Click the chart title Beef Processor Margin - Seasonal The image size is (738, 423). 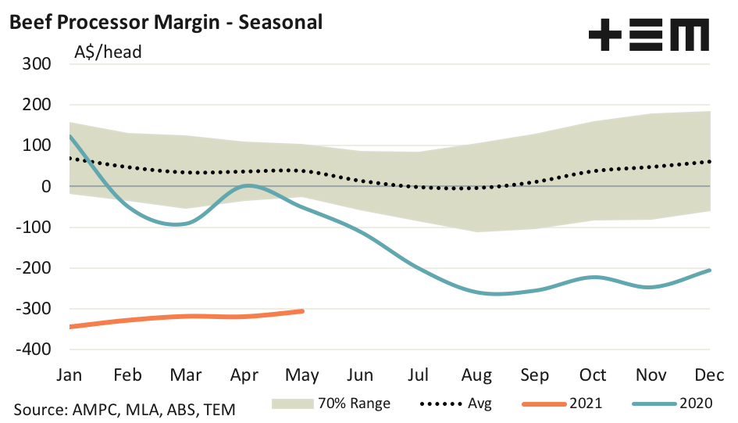pyautogui.click(x=166, y=23)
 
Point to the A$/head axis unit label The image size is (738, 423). pyautogui.click(x=108, y=53)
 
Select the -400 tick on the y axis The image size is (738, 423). pyautogui.click(x=32, y=350)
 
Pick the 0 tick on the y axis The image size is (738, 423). pyautogui.click(x=46, y=187)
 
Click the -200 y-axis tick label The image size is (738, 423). pyautogui.click(x=32, y=268)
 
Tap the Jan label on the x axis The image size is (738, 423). pyautogui.click(x=70, y=375)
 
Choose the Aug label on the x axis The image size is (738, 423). pyautogui.click(x=477, y=375)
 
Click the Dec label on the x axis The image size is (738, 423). pyautogui.click(x=710, y=375)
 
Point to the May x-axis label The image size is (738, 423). pyautogui.click(x=302, y=375)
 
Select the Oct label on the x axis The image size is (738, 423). pyautogui.click(x=594, y=375)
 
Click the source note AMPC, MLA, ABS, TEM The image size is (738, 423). pyautogui.click(x=124, y=409)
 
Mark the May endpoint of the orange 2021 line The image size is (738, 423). pyautogui.click(x=301, y=311)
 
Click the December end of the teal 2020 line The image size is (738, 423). pyautogui.click(x=709, y=271)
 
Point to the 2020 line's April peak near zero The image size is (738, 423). pyautogui.click(x=248, y=185)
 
